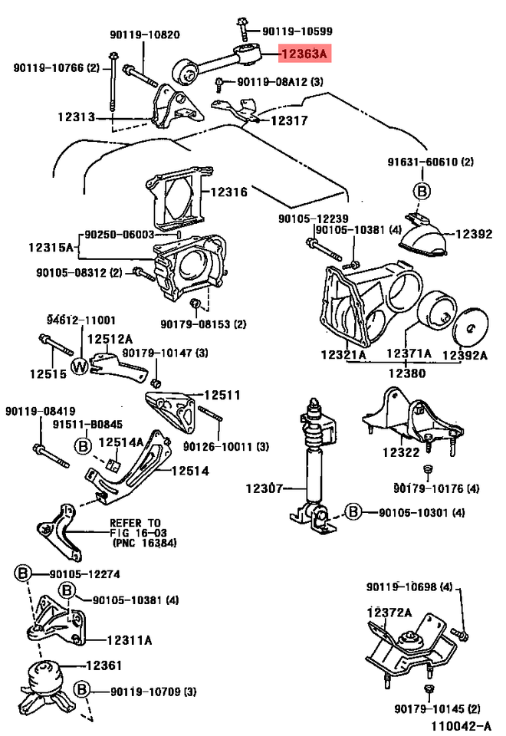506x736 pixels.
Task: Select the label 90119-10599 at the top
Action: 297,31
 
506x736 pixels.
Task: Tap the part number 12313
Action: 75,117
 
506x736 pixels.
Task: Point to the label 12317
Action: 288,120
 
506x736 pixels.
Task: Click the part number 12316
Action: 228,192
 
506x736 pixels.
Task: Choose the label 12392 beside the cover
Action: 475,234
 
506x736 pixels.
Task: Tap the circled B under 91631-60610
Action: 421,190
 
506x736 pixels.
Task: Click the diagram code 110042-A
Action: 460,724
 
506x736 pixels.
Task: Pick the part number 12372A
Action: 389,612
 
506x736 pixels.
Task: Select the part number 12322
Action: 401,453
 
